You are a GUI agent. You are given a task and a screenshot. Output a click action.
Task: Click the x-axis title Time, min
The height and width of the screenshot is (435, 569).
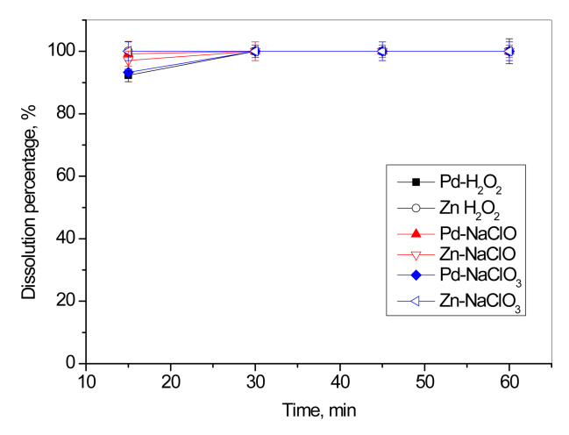coord(318,410)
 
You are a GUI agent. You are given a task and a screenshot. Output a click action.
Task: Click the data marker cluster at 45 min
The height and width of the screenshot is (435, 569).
coord(382,51)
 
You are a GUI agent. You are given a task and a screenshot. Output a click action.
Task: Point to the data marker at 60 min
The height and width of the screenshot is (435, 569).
coord(509,51)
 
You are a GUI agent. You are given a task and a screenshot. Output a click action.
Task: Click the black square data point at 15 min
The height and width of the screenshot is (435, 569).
coord(129,75)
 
